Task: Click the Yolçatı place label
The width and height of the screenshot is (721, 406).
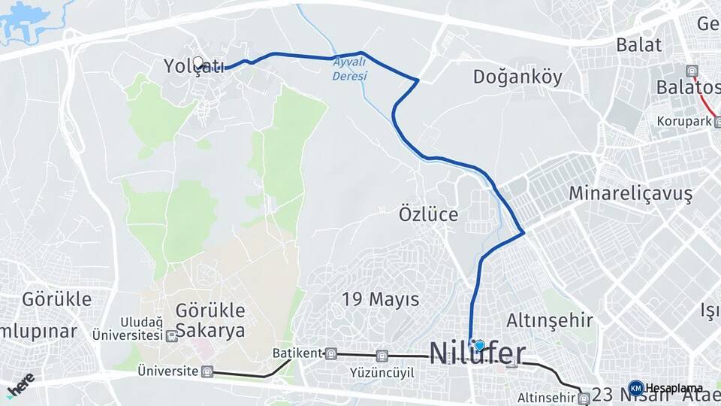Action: pyautogui.click(x=194, y=67)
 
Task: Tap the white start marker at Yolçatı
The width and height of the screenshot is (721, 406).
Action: pyautogui.click(x=198, y=62)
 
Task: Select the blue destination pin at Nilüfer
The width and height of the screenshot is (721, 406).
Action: pyautogui.click(x=479, y=345)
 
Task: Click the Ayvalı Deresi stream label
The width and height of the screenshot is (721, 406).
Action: pyautogui.click(x=350, y=69)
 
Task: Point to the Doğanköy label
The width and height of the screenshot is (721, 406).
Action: pyautogui.click(x=517, y=77)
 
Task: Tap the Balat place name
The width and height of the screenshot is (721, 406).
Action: pyautogui.click(x=639, y=44)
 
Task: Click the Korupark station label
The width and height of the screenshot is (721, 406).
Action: pyautogui.click(x=683, y=120)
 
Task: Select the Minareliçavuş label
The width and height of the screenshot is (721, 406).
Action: pyautogui.click(x=630, y=193)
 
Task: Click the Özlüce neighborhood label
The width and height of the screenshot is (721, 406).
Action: pyautogui.click(x=428, y=214)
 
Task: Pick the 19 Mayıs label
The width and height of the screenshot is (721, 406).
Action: pyautogui.click(x=381, y=299)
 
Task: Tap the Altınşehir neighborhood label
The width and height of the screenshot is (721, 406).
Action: pyautogui.click(x=550, y=320)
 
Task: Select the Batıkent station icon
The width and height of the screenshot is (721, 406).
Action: pyautogui.click(x=331, y=353)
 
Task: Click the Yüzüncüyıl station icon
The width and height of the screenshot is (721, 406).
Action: pyautogui.click(x=382, y=356)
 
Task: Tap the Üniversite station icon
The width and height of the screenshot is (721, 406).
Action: pyautogui.click(x=207, y=371)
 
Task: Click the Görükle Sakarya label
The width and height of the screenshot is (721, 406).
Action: pyautogui.click(x=210, y=320)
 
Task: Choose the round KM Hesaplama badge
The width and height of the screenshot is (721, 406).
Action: pyautogui.click(x=636, y=388)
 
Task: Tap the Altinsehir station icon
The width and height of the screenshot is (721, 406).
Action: pyautogui.click(x=584, y=397)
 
